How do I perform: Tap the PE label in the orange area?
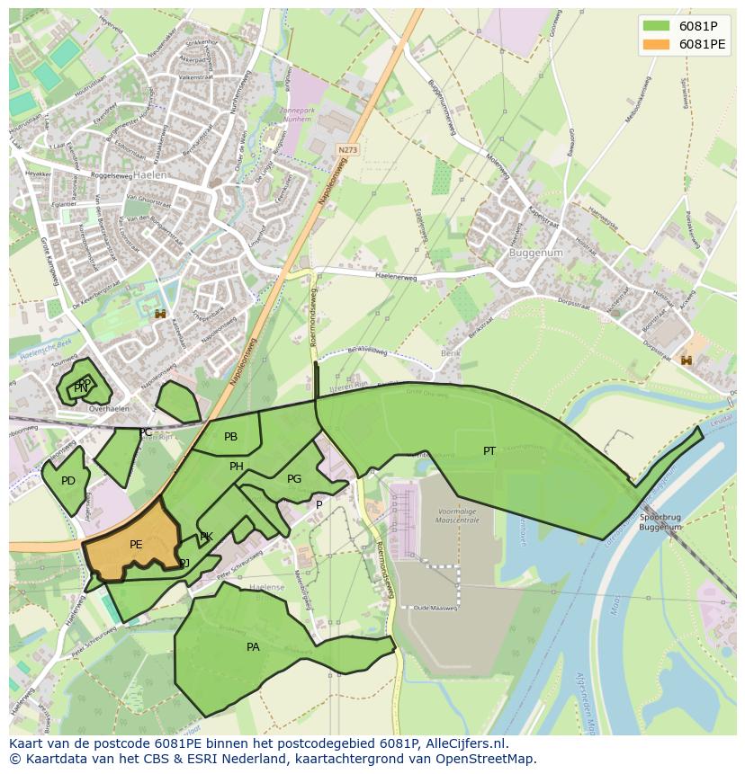[x=136, y=545]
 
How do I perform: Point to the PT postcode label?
[x=489, y=451]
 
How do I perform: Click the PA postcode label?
[x=253, y=647]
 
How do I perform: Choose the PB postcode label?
[x=230, y=437]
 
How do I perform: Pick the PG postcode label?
[x=294, y=479]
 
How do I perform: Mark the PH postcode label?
[x=237, y=467]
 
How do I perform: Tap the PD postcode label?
[x=68, y=482]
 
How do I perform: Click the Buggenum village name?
[x=535, y=254]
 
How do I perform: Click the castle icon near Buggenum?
[x=687, y=360]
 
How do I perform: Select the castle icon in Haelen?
[x=161, y=313]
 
